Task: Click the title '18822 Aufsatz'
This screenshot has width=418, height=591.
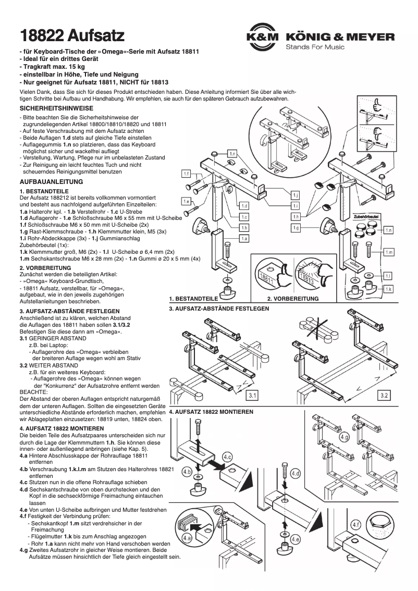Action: coord(72,36)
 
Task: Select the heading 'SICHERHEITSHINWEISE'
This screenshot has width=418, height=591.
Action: coord(56,108)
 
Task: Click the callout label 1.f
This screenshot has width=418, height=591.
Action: coord(186,173)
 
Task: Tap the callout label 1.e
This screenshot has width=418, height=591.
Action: coord(186,201)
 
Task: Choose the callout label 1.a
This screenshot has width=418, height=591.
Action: coord(243,238)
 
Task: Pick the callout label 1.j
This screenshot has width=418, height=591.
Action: coord(296,194)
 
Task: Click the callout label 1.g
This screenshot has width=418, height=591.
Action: coord(296,228)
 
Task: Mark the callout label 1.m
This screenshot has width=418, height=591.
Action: coord(388,252)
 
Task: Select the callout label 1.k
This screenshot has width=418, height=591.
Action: coord(388,288)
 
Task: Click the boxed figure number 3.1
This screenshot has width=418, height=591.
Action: coord(253,396)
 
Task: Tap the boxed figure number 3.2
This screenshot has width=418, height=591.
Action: coord(384,396)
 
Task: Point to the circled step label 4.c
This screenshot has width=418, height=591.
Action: coord(227,457)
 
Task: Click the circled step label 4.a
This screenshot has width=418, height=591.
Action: coord(187,537)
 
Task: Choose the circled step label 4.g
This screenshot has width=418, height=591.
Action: coord(344,437)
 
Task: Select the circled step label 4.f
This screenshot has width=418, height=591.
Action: coord(356,524)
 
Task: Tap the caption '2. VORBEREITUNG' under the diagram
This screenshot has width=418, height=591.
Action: coord(292,299)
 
